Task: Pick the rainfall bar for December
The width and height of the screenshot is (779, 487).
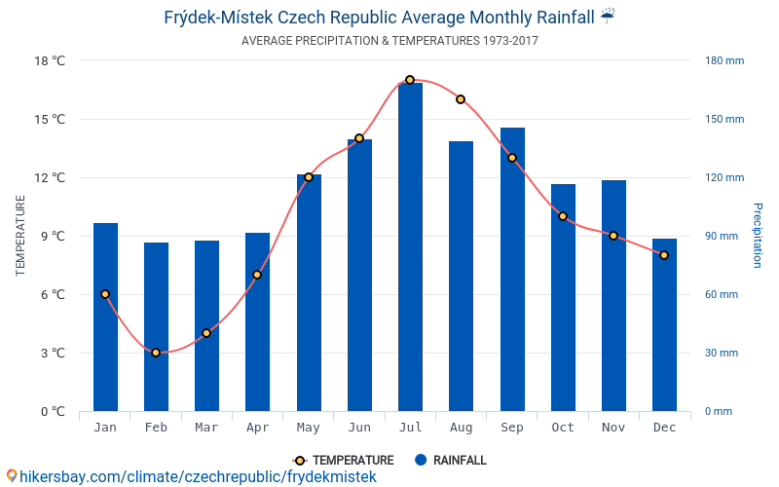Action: pyautogui.click(x=664, y=325)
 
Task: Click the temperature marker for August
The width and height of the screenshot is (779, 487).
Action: pyautogui.click(x=461, y=99)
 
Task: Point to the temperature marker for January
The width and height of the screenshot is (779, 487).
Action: pyautogui.click(x=105, y=294)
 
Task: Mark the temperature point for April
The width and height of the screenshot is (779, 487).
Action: pyautogui.click(x=257, y=275)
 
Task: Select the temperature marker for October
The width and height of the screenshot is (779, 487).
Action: pyautogui.click(x=563, y=216)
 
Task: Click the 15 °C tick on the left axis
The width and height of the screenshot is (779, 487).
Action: pyautogui.click(x=51, y=120)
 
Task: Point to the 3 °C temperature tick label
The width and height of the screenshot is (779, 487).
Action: pyautogui.click(x=53, y=354)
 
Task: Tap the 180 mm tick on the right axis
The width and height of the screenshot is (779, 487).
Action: pyautogui.click(x=723, y=60)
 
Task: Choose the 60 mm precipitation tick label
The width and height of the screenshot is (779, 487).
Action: pyautogui.click(x=722, y=295)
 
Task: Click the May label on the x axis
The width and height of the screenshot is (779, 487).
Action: pyautogui.click(x=308, y=428)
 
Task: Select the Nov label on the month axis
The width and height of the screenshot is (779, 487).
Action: pyautogui.click(x=613, y=428)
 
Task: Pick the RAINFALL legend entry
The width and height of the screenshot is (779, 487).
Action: pyautogui.click(x=450, y=461)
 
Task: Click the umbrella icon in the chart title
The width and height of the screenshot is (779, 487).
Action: pyautogui.click(x=608, y=17)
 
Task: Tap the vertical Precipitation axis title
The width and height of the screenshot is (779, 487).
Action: pyautogui.click(x=758, y=236)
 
